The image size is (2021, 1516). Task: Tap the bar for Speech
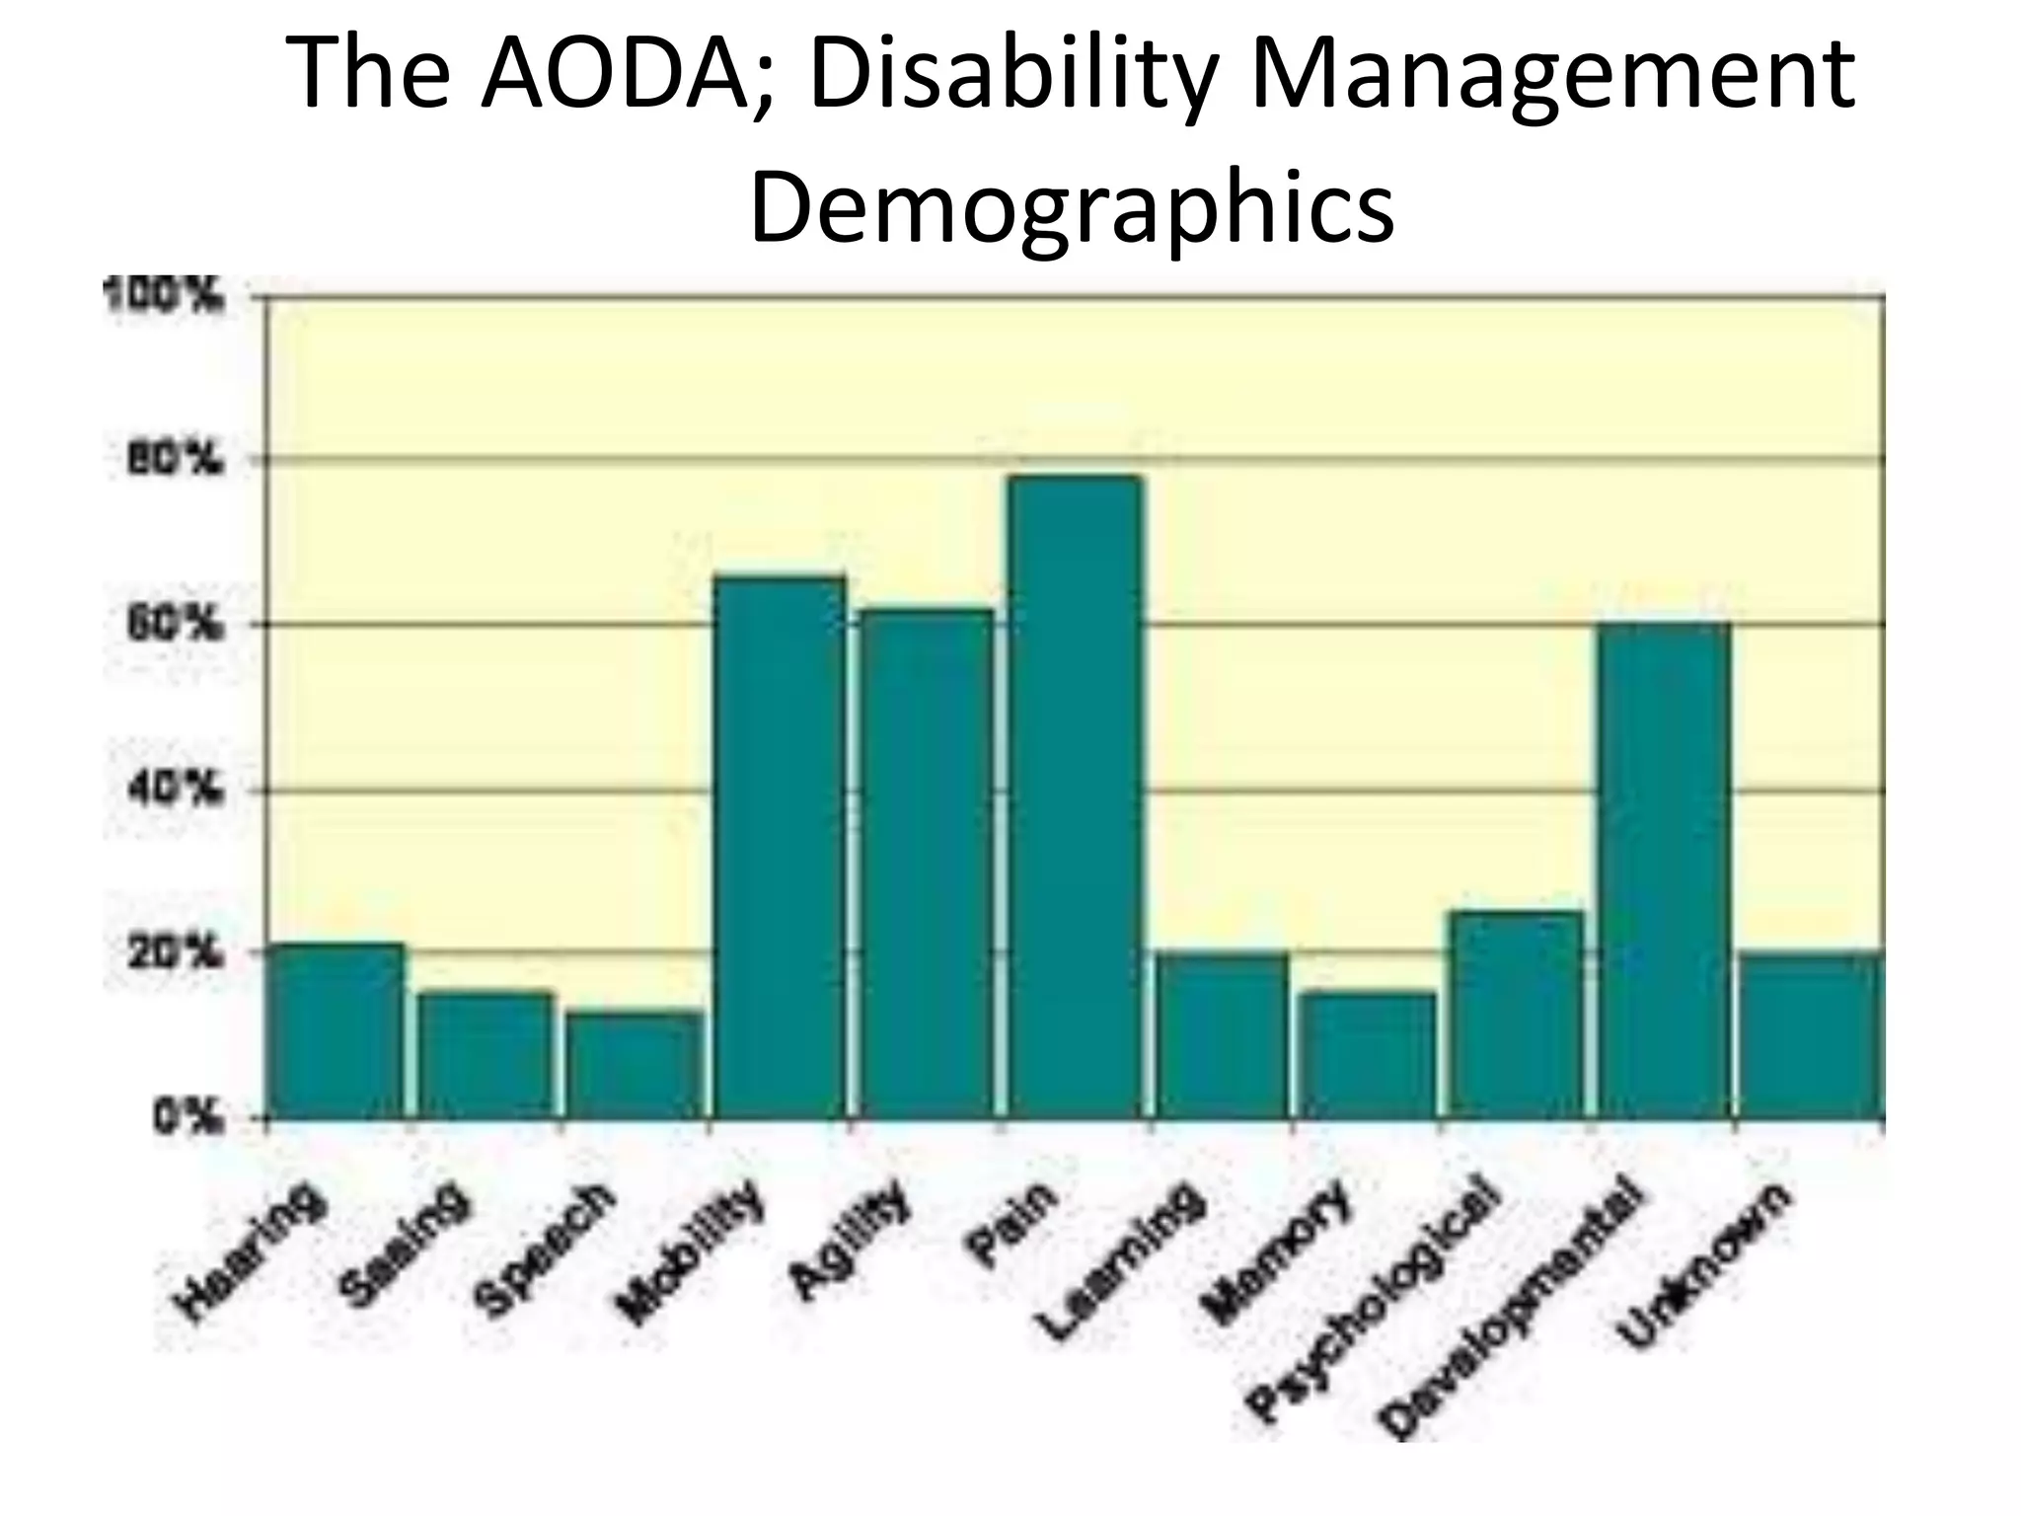point(635,1066)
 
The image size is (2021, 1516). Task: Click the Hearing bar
point(337,1031)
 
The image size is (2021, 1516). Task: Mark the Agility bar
point(927,864)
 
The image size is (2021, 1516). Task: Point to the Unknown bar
point(1811,1035)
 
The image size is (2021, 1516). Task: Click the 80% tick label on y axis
point(173,459)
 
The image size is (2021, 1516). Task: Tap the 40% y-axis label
point(173,790)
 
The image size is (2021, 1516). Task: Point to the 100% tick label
point(163,294)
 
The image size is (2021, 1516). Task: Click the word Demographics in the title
point(1072,208)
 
